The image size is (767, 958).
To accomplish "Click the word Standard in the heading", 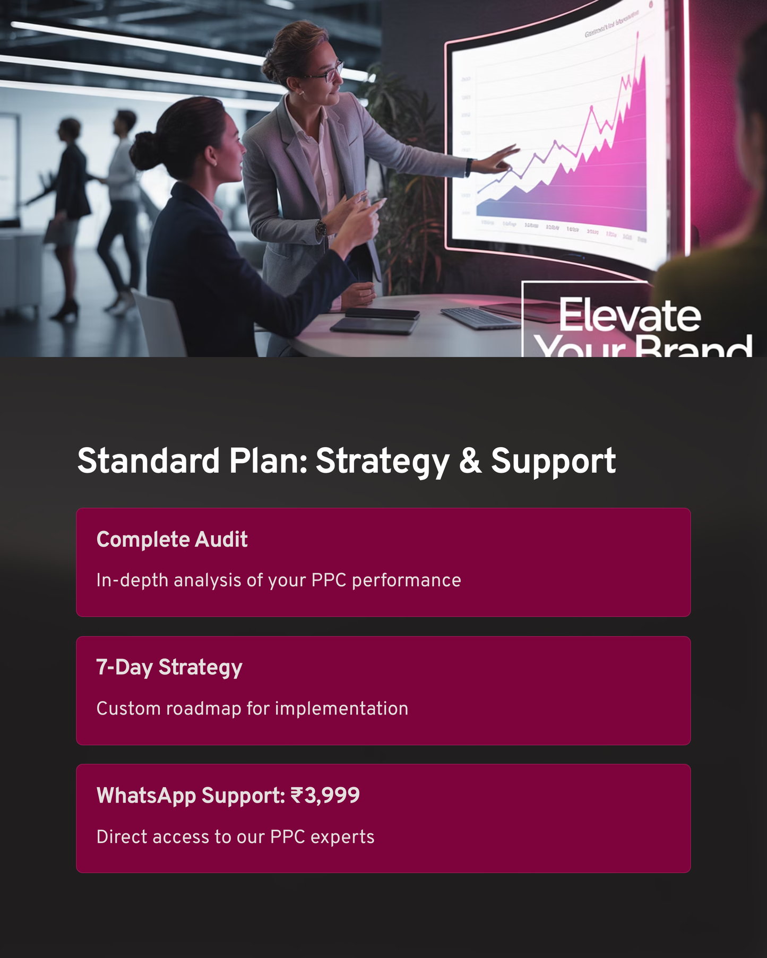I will pyautogui.click(x=148, y=460).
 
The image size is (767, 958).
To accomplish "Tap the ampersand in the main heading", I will pyautogui.click(x=470, y=460).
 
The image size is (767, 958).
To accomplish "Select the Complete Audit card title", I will pyautogui.click(x=172, y=539).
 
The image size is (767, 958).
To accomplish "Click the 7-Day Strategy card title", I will pyautogui.click(x=169, y=667).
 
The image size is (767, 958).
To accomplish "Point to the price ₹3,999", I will pyautogui.click(x=325, y=795).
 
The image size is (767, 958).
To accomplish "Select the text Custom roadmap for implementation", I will pyautogui.click(x=252, y=709).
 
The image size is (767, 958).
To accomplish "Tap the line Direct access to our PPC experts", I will pyautogui.click(x=235, y=837).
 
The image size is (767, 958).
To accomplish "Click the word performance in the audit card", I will pyautogui.click(x=406, y=580).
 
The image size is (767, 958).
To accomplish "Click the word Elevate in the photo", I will pyautogui.click(x=630, y=315).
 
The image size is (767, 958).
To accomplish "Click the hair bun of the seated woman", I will pyautogui.click(x=143, y=151).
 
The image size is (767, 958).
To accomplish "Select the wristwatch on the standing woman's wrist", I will pyautogui.click(x=321, y=228).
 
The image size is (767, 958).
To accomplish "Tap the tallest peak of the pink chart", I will pyautogui.click(x=637, y=34).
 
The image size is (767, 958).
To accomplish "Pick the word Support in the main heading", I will pyautogui.click(x=553, y=460).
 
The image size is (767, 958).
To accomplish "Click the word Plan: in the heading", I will pyautogui.click(x=269, y=460).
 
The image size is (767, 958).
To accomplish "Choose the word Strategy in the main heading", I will pyautogui.click(x=383, y=460).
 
